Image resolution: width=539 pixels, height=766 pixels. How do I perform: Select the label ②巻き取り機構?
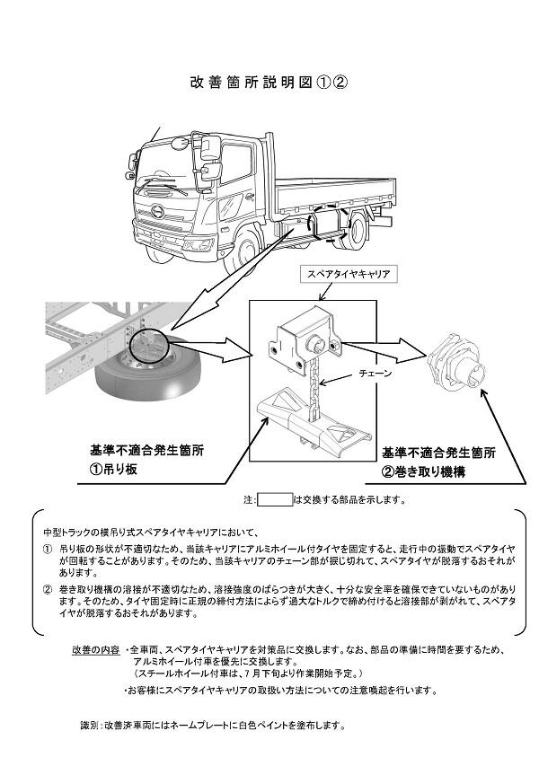click(x=425, y=469)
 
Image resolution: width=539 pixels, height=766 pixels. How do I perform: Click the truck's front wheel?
click(x=242, y=251)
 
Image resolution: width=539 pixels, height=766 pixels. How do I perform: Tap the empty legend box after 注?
click(x=275, y=499)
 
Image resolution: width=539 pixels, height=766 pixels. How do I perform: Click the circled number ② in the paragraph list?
click(x=49, y=589)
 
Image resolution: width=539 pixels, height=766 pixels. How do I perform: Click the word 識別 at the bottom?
click(x=89, y=724)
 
